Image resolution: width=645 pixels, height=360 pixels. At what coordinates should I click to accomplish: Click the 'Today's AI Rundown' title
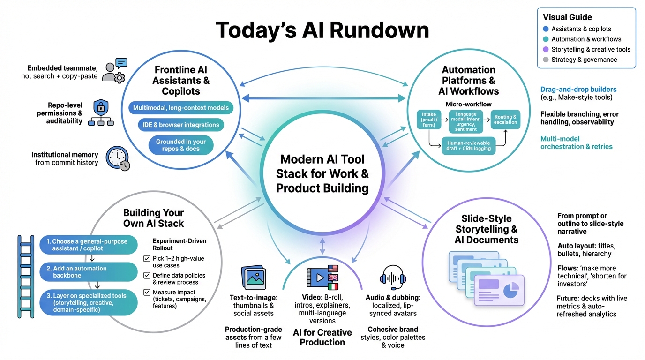click(322, 30)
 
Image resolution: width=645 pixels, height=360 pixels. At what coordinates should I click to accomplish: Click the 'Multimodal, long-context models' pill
click(180, 108)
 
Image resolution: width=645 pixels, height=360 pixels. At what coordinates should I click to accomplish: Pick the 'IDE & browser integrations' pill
click(180, 125)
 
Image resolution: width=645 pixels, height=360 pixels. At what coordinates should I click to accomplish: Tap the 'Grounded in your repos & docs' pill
click(180, 145)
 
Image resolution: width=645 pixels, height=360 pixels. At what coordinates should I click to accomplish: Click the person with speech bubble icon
click(115, 71)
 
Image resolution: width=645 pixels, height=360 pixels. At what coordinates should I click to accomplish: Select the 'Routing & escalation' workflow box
click(505, 120)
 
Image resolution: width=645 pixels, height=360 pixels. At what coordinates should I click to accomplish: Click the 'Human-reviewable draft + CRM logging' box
click(468, 146)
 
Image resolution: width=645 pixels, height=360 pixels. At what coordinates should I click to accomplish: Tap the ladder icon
click(26, 277)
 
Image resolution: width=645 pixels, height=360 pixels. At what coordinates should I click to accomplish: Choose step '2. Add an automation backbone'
click(89, 272)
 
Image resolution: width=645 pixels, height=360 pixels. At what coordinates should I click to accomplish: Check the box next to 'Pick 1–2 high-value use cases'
click(147, 259)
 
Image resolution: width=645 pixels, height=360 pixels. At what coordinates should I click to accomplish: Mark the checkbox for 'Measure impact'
click(147, 292)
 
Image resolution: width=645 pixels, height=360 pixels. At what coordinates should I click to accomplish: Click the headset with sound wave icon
click(392, 278)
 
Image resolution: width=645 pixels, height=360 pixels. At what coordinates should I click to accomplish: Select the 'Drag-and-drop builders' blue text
click(578, 89)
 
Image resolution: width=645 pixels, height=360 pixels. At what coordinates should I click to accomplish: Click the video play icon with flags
click(322, 277)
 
